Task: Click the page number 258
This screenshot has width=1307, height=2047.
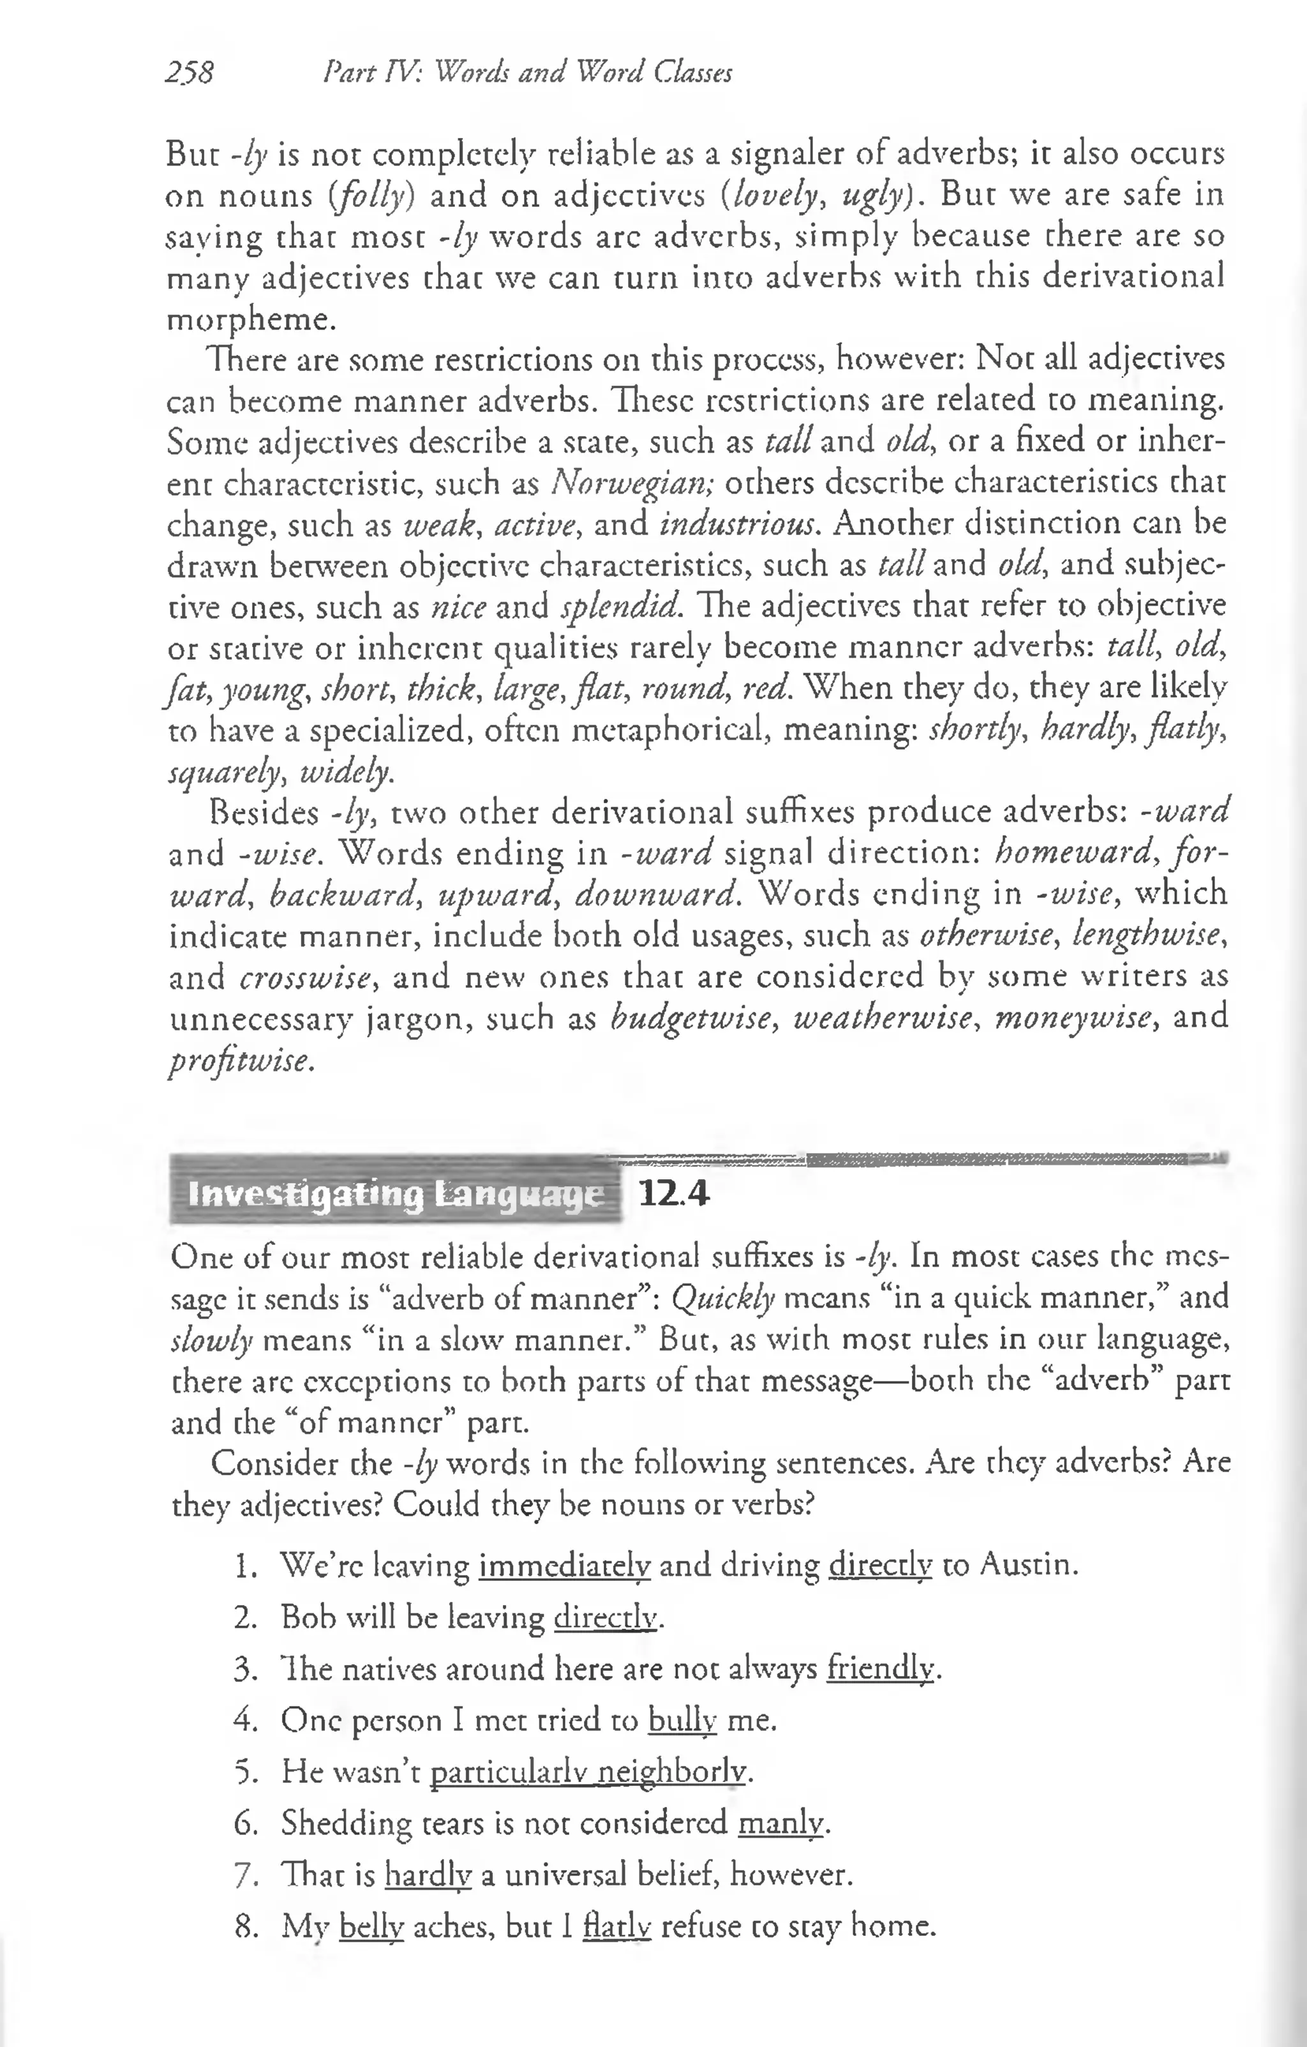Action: coord(190,73)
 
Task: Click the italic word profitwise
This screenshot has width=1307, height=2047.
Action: coord(241,1060)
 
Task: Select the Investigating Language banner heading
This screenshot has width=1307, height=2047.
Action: coord(395,1195)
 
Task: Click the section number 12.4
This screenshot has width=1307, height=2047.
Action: coord(673,1195)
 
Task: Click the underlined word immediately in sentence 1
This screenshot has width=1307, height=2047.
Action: coord(564,1565)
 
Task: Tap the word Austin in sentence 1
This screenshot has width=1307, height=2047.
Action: coord(1027,1564)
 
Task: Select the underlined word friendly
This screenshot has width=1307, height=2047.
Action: coord(879,1669)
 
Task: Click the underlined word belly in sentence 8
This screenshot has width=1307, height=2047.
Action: coord(371,1926)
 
